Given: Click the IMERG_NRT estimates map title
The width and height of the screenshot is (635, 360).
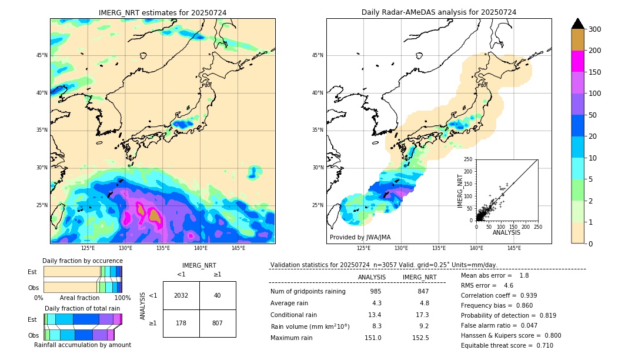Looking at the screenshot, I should [x=162, y=12].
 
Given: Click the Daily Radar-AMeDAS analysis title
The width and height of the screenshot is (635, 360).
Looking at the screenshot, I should [x=439, y=12].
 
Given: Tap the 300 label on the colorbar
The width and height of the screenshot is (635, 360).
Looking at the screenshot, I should [x=596, y=29].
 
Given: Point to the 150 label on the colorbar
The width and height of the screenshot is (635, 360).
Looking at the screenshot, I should [x=596, y=72].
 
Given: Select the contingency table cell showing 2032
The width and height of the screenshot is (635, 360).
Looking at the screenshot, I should [x=181, y=295].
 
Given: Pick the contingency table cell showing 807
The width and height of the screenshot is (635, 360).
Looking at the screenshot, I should [x=218, y=323].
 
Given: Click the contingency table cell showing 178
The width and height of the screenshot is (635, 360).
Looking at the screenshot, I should [x=181, y=323].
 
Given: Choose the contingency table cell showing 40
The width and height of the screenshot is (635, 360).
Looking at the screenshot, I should [x=218, y=295].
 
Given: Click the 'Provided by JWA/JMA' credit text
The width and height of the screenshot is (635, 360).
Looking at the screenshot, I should [x=360, y=238].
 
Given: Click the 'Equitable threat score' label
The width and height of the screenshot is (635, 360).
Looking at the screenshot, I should [x=497, y=345].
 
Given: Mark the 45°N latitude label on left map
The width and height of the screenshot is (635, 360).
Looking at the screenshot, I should [x=42, y=55].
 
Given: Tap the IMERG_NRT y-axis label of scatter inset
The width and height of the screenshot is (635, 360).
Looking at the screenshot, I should [x=461, y=189].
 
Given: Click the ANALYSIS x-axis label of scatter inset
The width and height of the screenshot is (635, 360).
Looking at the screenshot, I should [x=507, y=233].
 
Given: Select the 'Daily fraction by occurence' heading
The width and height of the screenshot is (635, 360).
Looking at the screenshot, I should [x=82, y=261].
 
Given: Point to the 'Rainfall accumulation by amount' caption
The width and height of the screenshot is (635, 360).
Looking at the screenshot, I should [x=82, y=345].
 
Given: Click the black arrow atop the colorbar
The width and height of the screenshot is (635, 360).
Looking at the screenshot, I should [x=578, y=24].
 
